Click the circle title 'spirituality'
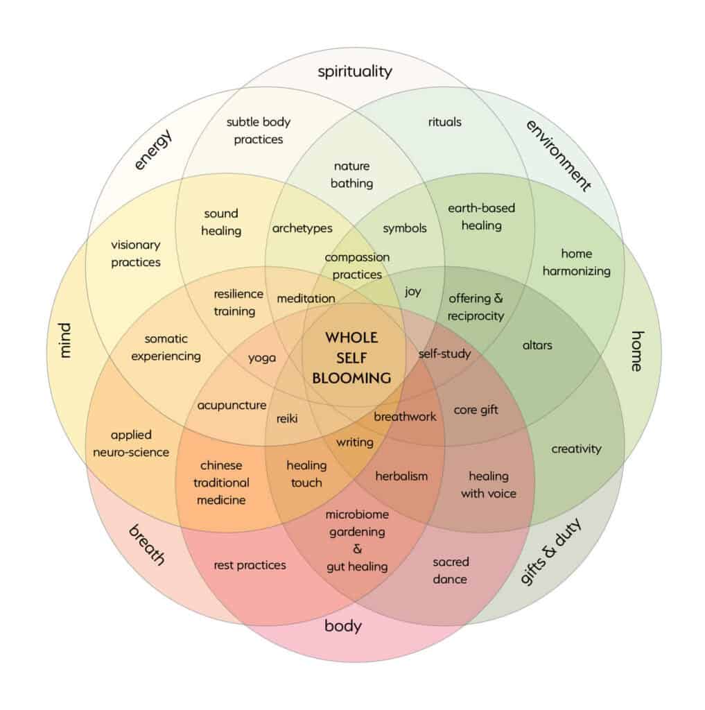pyautogui.click(x=355, y=71)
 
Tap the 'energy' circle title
pyautogui.click(x=153, y=149)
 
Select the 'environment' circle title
pyautogui.click(x=559, y=155)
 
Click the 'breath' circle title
pyautogui.click(x=147, y=545)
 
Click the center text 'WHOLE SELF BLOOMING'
pyautogui.click(x=351, y=358)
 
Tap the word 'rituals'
pyautogui.click(x=444, y=122)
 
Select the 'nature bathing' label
pyautogui.click(x=352, y=175)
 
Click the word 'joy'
pyautogui.click(x=412, y=291)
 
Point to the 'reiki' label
pyautogui.click(x=287, y=418)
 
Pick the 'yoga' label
pyautogui.click(x=262, y=358)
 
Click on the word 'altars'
pyautogui.click(x=537, y=344)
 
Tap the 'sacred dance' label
pyautogui.click(x=451, y=570)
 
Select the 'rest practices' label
pyautogui.click(x=250, y=565)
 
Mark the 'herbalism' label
pyautogui.click(x=401, y=476)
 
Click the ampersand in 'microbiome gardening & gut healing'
pyautogui.click(x=358, y=548)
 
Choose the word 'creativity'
pyautogui.click(x=576, y=449)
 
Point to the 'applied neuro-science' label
pyautogui.click(x=130, y=444)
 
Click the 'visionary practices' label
pyautogui.click(x=136, y=253)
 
